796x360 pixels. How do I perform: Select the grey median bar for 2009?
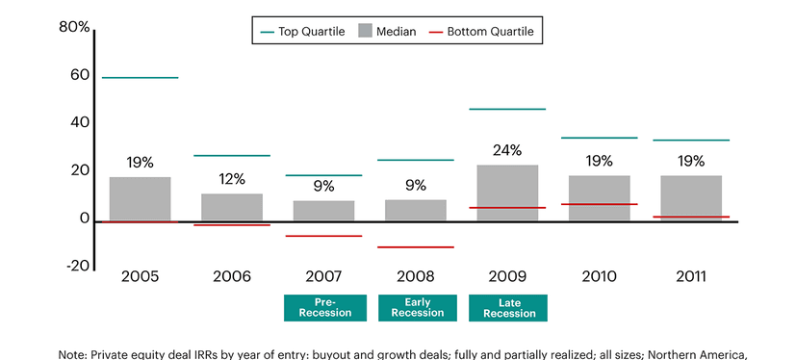click(x=507, y=193)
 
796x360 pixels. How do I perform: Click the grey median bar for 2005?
click(x=140, y=198)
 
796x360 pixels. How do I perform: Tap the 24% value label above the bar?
click(x=507, y=150)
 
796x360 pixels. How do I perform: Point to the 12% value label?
click(x=232, y=179)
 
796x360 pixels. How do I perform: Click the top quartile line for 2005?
click(x=140, y=77)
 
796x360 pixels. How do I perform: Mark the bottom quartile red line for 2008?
click(x=415, y=247)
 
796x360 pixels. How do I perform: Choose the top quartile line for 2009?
click(x=507, y=109)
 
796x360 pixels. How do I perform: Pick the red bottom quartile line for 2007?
click(x=323, y=236)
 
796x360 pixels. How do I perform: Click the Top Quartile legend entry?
click(x=296, y=32)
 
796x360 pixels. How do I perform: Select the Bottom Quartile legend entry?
click(x=483, y=32)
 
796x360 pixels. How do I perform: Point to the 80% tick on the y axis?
click(x=74, y=28)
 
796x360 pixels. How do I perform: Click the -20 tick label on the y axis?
click(x=77, y=266)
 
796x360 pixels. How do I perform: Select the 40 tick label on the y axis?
click(x=78, y=122)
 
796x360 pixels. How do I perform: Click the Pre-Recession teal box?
click(x=323, y=307)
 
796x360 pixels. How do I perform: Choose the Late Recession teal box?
click(x=507, y=307)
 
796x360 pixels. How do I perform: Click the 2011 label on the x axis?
click(x=691, y=277)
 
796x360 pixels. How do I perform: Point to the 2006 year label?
click(x=232, y=277)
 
